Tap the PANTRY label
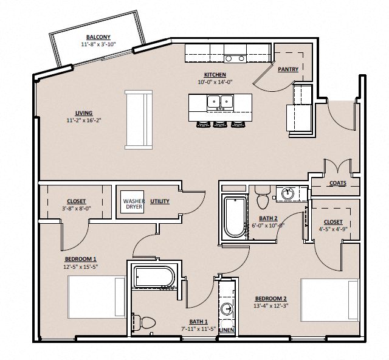click(x=287, y=69)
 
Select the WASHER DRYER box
click(x=134, y=203)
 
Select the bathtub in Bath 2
click(x=234, y=217)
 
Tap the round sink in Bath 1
click(x=227, y=309)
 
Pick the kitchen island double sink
click(x=220, y=102)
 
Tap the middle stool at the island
click(x=219, y=125)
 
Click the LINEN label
click(x=226, y=330)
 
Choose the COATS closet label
click(x=338, y=182)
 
